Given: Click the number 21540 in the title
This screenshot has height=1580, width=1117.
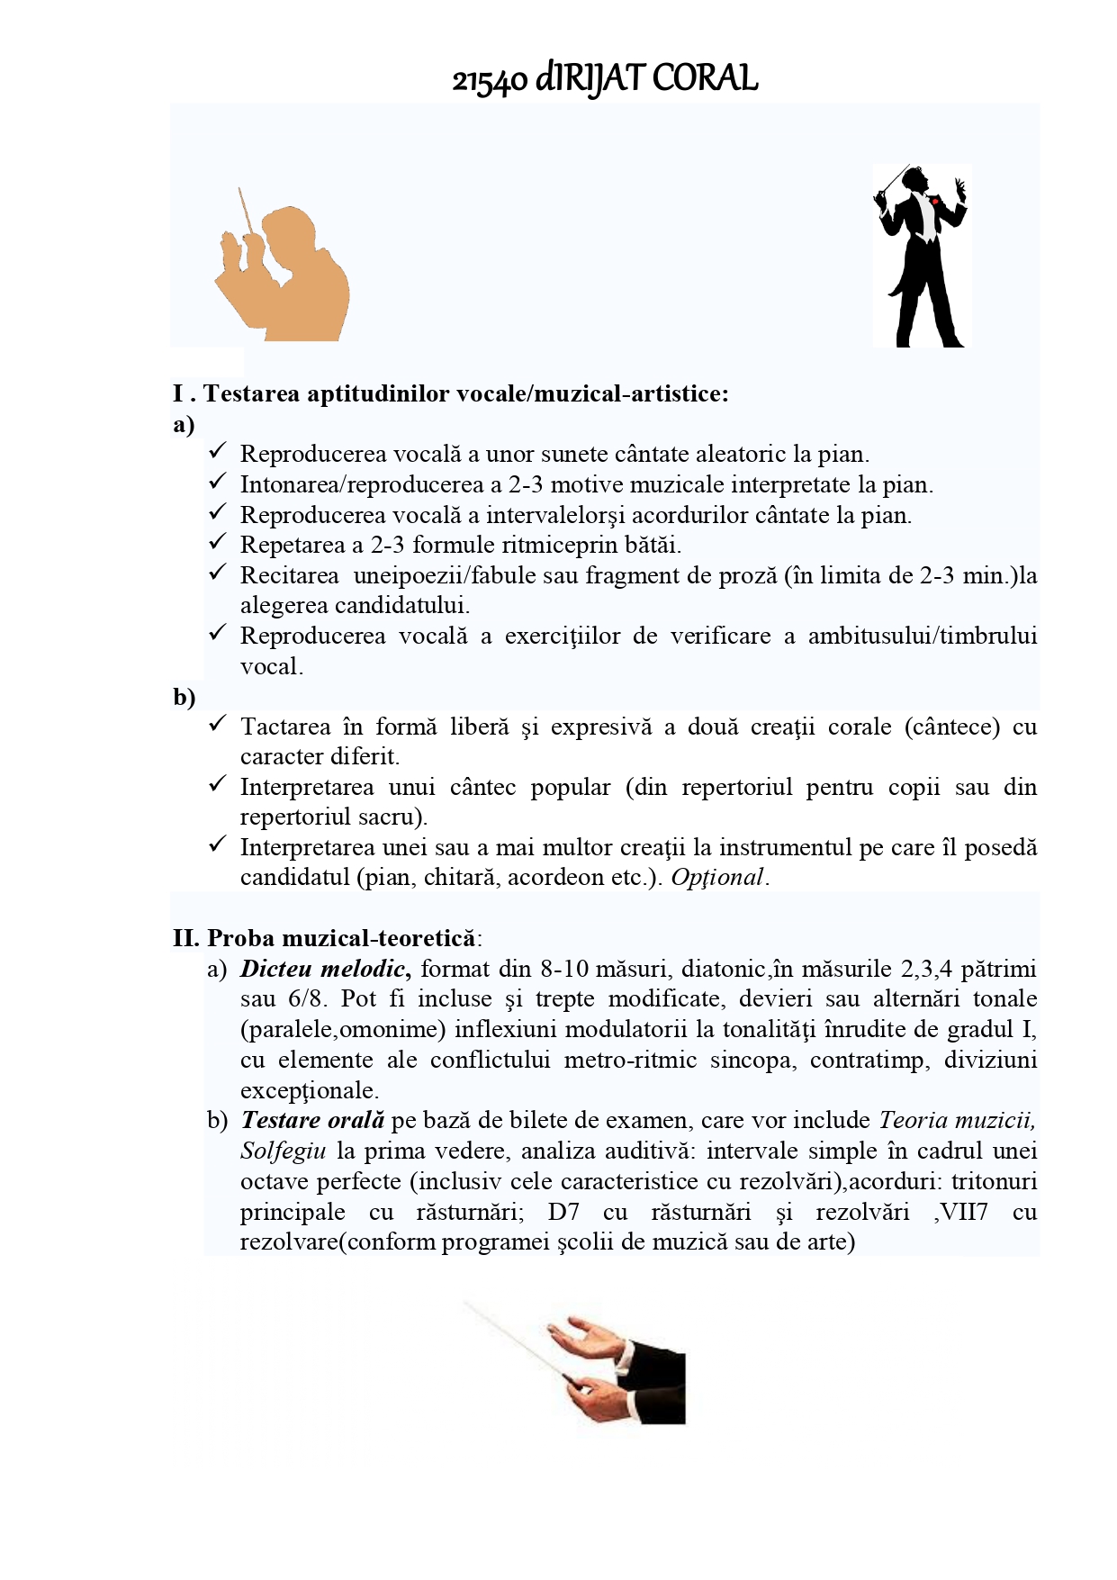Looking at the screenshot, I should [489, 81].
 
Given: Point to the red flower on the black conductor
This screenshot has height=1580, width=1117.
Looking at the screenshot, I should [935, 201].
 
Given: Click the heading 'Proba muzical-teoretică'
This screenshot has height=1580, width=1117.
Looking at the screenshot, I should [340, 938].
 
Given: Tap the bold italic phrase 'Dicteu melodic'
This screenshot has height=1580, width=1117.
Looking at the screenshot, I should [323, 969].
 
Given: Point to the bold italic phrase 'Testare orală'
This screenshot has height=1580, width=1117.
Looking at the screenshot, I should [312, 1120].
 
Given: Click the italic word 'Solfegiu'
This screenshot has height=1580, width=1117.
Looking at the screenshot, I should [283, 1151].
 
